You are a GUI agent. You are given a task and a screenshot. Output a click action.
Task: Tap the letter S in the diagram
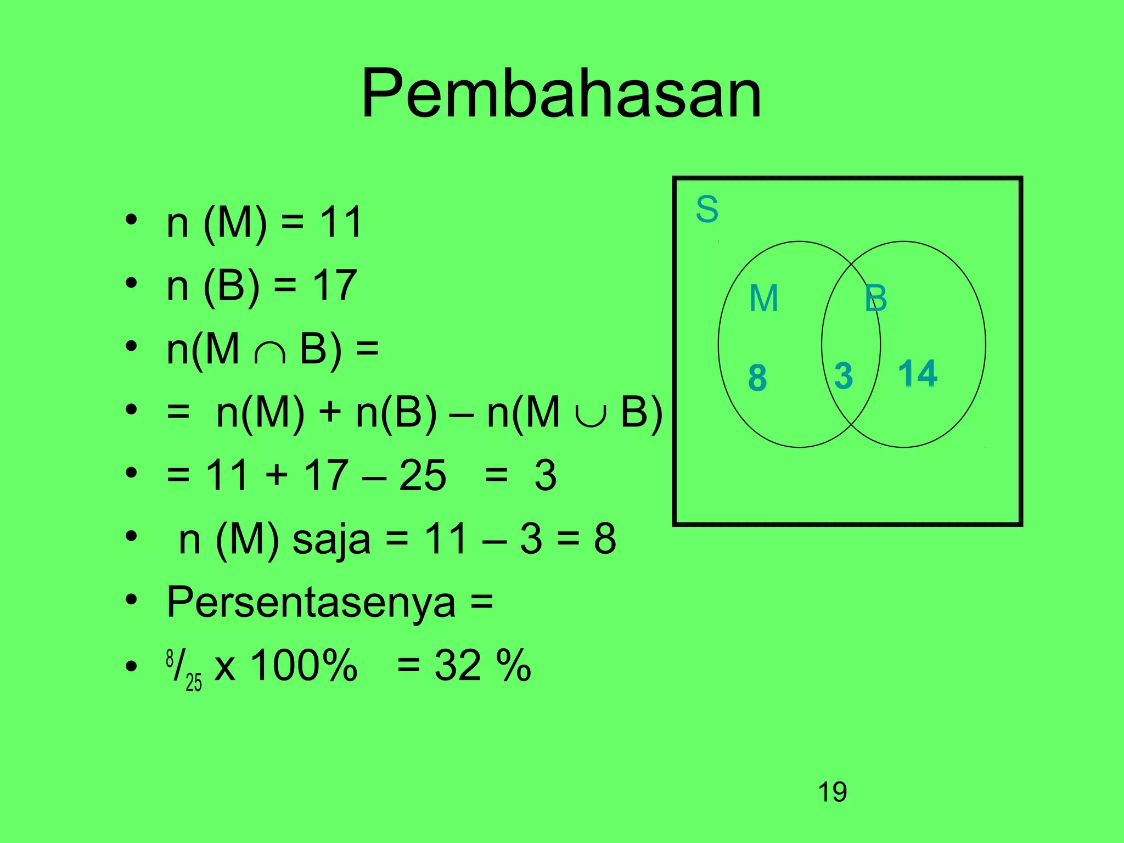click(x=707, y=209)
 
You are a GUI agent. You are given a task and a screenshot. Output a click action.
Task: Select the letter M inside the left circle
click(x=763, y=299)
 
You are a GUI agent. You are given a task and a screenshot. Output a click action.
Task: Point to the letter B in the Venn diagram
click(x=875, y=299)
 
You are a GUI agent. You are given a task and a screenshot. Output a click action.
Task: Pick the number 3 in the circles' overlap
click(x=844, y=376)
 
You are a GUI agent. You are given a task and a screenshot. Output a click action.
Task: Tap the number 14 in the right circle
click(x=918, y=374)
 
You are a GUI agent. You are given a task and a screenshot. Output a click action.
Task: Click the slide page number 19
click(x=832, y=792)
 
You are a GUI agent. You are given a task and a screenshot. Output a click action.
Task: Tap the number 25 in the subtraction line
click(x=422, y=475)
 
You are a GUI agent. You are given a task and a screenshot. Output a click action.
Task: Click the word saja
click(x=331, y=539)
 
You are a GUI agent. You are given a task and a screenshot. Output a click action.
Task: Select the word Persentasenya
click(x=311, y=602)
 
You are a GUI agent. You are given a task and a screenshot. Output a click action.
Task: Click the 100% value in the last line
click(x=304, y=666)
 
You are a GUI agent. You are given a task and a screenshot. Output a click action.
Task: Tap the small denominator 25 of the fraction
click(x=194, y=682)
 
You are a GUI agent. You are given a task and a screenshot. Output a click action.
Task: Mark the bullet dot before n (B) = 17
click(x=131, y=284)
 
